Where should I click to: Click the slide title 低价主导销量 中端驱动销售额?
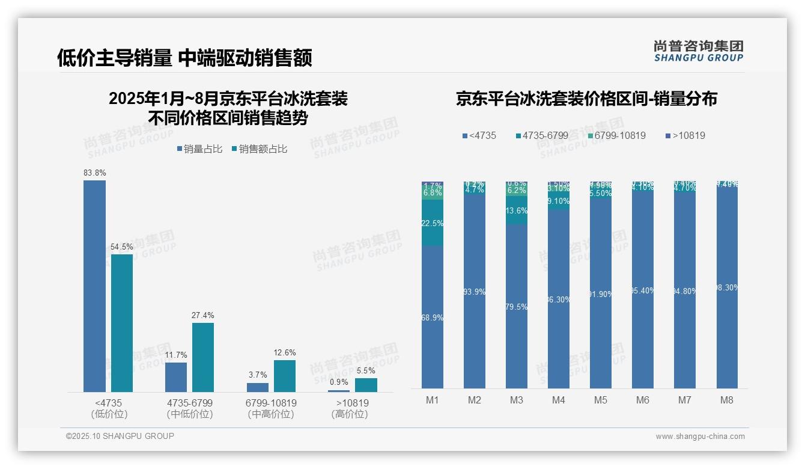[184, 58]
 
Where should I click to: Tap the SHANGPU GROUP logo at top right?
[698, 51]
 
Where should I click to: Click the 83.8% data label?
[95, 173]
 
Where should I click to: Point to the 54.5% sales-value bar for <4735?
[122, 323]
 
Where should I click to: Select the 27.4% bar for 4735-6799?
[203, 357]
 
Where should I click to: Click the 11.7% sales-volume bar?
[176, 377]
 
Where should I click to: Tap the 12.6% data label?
[285, 352]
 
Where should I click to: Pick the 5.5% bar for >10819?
[366, 385]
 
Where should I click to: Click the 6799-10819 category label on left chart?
[271, 403]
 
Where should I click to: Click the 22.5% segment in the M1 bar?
[433, 223]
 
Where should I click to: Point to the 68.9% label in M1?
[433, 317]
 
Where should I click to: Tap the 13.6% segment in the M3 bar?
[517, 211]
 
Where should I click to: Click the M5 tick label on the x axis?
[601, 400]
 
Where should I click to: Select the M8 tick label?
[727, 400]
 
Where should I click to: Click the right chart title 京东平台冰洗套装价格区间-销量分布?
[586, 99]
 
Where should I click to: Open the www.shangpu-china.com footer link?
[700, 437]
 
